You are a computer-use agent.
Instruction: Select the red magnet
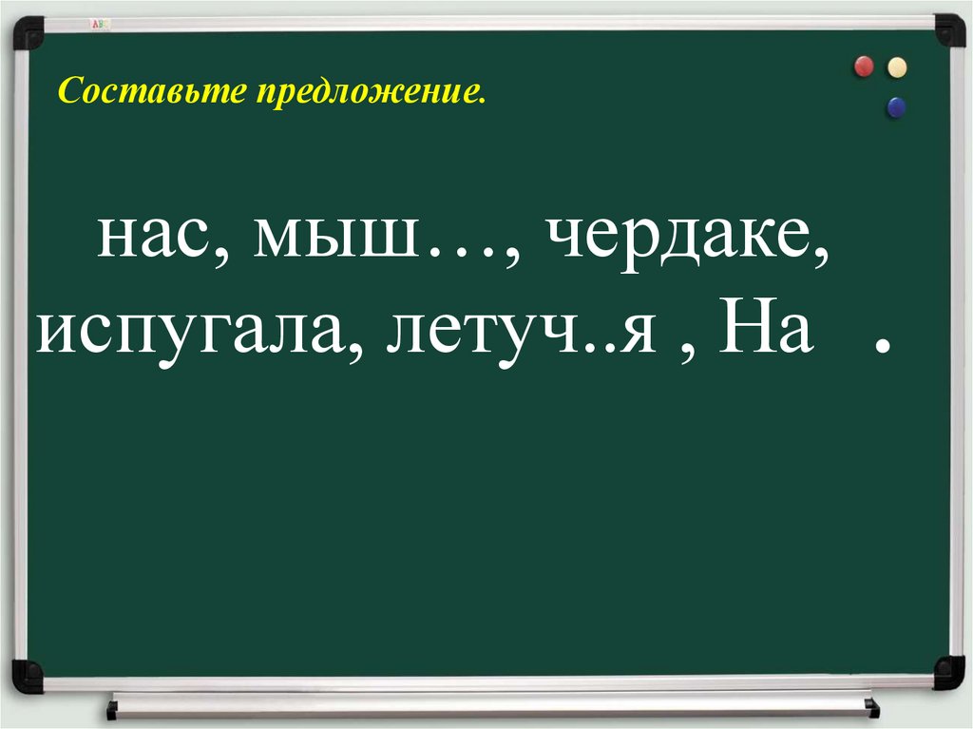864,67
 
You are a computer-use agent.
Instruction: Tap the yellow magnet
896,67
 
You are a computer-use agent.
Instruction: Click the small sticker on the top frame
99,22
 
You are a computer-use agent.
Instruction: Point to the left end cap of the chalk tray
112,709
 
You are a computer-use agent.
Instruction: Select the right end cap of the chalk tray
872,707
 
